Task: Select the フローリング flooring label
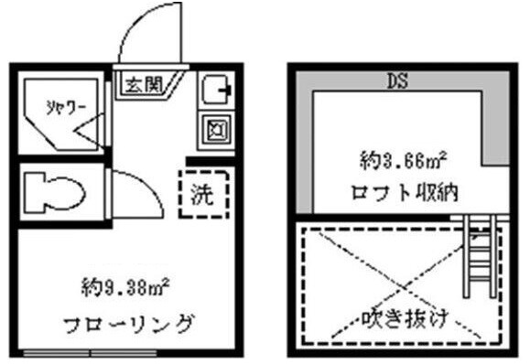click(x=128, y=323)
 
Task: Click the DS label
click(x=397, y=80)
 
